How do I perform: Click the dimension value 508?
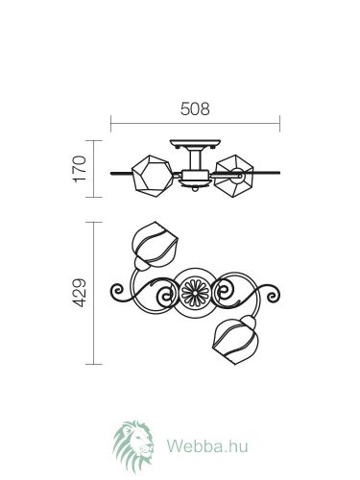[195, 108]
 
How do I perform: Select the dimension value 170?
[80, 169]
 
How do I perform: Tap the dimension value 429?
[79, 293]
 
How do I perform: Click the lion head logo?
[133, 446]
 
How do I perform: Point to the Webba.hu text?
[207, 445]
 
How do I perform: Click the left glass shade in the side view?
[153, 176]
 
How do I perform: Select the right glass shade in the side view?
[233, 176]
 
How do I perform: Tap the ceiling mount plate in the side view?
[195, 143]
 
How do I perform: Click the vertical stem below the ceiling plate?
[195, 159]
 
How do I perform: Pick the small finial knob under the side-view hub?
[195, 189]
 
